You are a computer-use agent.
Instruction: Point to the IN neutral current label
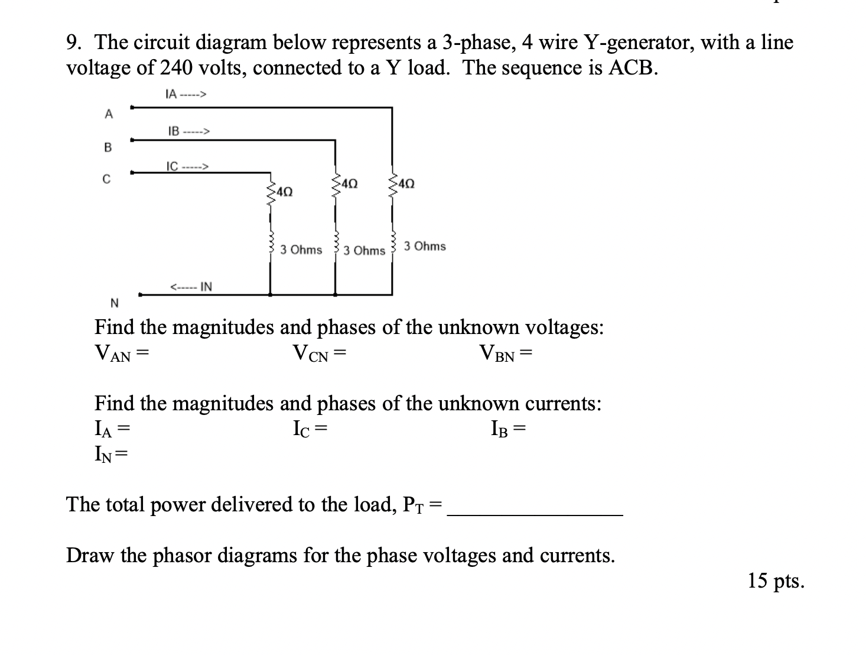(191, 287)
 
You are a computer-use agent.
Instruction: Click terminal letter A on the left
(108, 115)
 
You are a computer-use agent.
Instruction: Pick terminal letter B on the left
(108, 148)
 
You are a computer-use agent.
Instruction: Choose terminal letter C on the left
(106, 179)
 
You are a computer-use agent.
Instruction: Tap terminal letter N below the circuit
(115, 304)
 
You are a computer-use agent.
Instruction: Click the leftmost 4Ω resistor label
(283, 192)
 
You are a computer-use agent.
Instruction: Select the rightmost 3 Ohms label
(425, 247)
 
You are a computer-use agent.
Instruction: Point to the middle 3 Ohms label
(364, 251)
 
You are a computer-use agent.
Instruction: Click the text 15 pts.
(775, 581)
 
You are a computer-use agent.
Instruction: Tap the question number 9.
(74, 43)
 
